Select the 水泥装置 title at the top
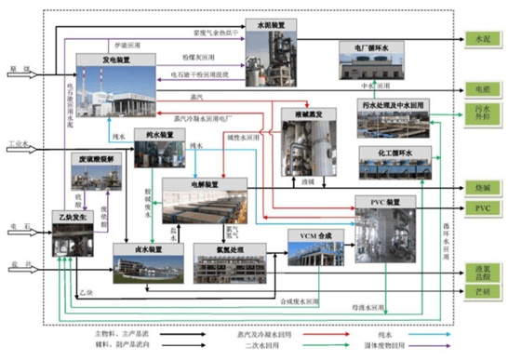(x=267, y=24)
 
